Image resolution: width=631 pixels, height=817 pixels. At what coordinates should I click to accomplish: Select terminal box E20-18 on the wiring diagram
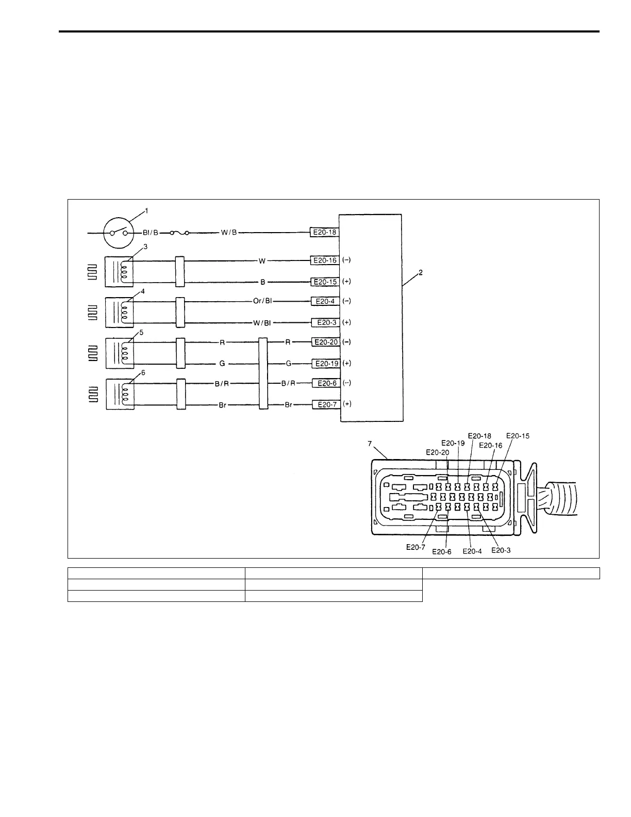click(324, 232)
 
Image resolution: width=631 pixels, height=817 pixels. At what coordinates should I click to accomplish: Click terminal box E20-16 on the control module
click(325, 260)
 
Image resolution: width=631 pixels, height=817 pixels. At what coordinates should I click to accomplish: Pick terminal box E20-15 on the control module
click(325, 282)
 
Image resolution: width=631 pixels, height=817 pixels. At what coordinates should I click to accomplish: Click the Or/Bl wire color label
click(262, 301)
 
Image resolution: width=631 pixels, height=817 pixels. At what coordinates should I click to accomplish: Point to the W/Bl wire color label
click(262, 323)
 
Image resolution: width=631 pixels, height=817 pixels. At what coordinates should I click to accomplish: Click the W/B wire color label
click(228, 233)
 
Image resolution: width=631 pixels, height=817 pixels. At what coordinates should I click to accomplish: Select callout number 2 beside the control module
click(421, 272)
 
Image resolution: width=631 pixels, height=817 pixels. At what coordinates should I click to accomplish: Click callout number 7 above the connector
click(370, 443)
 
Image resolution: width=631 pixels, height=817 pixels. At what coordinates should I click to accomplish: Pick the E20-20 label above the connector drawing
click(437, 452)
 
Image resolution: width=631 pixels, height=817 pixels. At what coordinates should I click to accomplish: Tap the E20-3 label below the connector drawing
click(501, 550)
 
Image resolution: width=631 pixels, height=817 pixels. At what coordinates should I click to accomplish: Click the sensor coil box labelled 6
click(120, 394)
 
